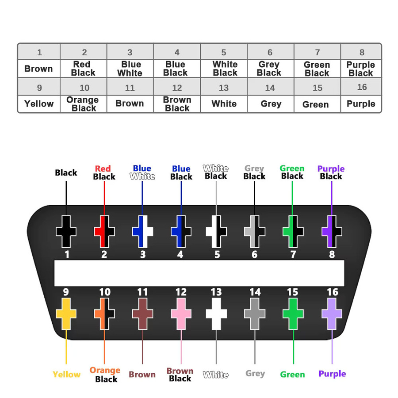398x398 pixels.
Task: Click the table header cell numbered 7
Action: click(x=317, y=52)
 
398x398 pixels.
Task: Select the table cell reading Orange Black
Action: click(x=84, y=104)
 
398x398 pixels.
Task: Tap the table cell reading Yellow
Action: click(x=39, y=104)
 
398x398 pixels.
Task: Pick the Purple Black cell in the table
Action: click(x=361, y=69)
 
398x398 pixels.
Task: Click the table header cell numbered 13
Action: click(x=224, y=87)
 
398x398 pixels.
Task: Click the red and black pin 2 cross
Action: click(x=104, y=231)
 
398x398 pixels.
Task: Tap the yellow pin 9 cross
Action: click(x=66, y=314)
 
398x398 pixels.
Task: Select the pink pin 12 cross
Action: click(x=181, y=314)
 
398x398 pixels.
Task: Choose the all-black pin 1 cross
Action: click(x=66, y=231)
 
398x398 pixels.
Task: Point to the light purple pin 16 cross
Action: click(x=332, y=314)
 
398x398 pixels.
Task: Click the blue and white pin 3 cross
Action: click(x=143, y=231)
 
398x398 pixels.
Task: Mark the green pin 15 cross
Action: click(x=293, y=314)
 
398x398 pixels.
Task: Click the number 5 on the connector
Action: click(x=217, y=254)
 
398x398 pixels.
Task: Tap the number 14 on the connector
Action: click(x=255, y=292)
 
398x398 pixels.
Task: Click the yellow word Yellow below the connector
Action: click(x=66, y=375)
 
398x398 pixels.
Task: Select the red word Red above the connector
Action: click(x=103, y=168)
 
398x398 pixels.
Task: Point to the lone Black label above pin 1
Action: click(x=66, y=172)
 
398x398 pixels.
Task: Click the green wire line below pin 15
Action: click(x=294, y=347)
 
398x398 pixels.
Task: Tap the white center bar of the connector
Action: click(x=199, y=273)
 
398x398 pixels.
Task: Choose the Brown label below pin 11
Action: click(x=142, y=375)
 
